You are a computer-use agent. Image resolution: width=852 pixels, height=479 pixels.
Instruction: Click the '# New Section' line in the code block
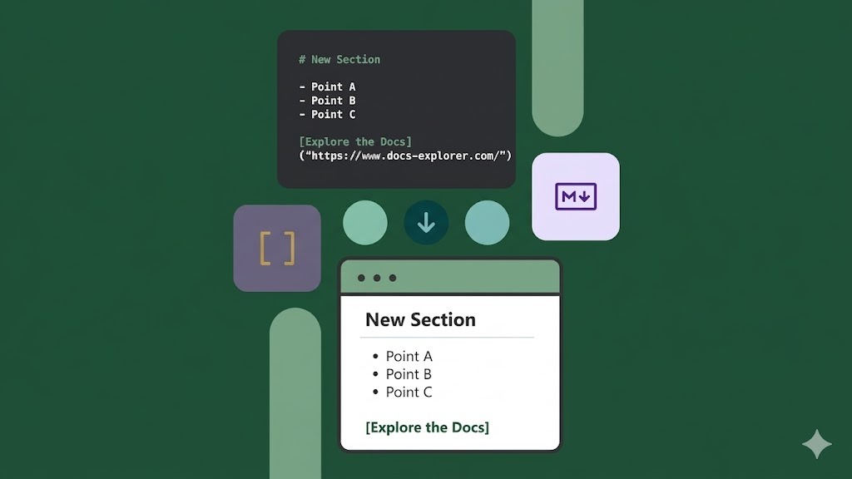point(339,60)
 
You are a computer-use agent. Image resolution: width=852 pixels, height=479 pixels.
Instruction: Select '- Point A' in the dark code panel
point(328,86)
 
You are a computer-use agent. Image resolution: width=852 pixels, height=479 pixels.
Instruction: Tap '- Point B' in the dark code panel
point(328,101)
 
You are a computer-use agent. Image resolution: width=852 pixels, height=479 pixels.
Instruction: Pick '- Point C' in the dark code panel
point(328,115)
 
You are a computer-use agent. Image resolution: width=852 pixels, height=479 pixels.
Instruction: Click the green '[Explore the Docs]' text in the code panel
point(355,142)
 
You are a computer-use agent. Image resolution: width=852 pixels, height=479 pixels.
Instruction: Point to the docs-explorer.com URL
point(405,156)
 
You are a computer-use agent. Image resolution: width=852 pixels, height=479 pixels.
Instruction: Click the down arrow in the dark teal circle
point(426,223)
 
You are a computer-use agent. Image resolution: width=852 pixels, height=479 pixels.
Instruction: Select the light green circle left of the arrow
point(365,223)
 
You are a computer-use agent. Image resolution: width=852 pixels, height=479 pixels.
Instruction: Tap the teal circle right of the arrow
point(487,223)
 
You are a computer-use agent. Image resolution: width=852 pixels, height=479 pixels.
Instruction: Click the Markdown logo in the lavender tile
point(576,197)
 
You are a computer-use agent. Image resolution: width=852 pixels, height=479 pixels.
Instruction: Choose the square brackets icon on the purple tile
point(277,249)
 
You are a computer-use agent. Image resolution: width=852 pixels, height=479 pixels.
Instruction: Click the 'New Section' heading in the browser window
point(420,320)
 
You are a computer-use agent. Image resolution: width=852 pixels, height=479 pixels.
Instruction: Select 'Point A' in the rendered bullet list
point(409,357)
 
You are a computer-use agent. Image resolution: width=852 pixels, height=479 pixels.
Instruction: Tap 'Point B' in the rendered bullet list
point(409,374)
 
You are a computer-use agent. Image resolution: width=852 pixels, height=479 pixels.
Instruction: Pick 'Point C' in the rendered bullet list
point(409,393)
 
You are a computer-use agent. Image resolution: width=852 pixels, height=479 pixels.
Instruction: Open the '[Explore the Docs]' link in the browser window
point(428,427)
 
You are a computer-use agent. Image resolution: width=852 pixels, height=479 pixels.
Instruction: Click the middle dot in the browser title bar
point(377,278)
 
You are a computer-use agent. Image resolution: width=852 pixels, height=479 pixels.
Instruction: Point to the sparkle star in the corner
point(816,444)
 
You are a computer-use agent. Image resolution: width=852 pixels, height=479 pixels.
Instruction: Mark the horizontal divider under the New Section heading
point(447,338)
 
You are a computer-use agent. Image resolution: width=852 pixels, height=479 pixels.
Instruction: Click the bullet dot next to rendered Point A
point(375,357)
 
